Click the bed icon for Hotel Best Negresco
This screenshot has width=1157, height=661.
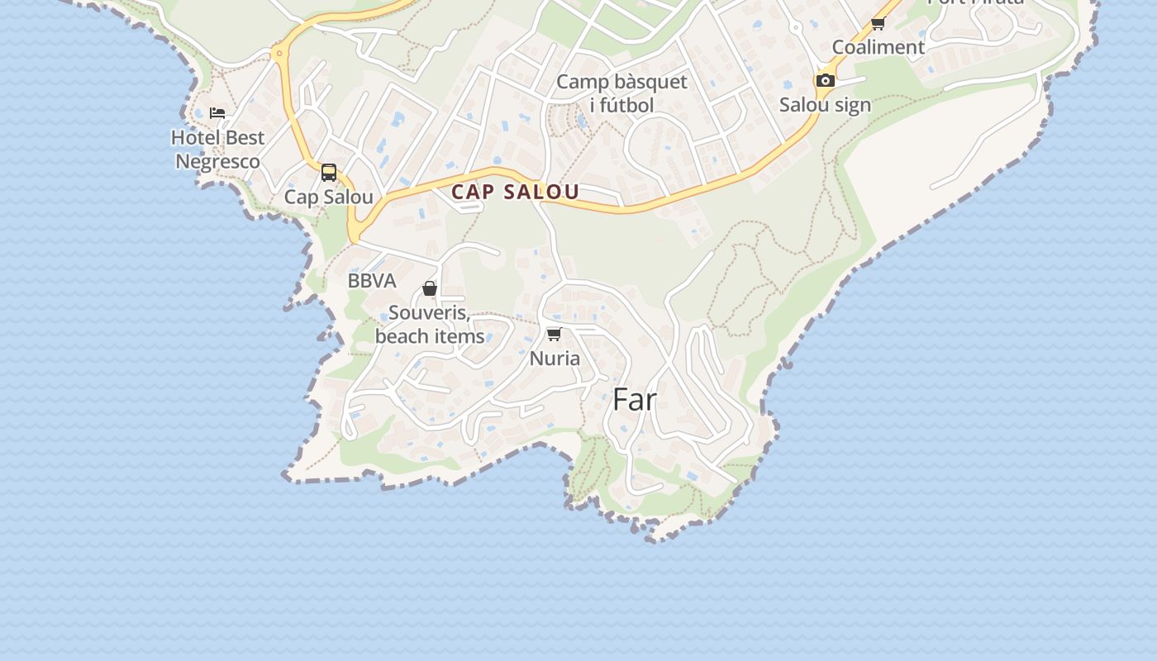click(x=217, y=113)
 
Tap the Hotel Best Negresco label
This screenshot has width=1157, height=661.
click(x=218, y=150)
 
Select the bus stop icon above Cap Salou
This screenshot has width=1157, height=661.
click(x=329, y=173)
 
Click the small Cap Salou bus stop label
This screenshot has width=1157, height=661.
click(x=329, y=197)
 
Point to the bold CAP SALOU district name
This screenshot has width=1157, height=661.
click(x=515, y=193)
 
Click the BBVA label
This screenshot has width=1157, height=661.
click(x=372, y=281)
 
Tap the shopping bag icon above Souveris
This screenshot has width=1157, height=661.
click(x=430, y=288)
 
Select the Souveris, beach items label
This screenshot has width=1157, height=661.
click(x=430, y=325)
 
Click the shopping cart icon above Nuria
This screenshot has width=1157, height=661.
click(x=555, y=334)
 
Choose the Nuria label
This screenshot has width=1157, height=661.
click(x=555, y=359)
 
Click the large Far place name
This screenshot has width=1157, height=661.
click(x=635, y=400)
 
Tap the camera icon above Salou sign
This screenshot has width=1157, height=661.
click(x=825, y=80)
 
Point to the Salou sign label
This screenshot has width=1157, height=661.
click(x=825, y=105)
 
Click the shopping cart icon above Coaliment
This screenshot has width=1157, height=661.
click(x=878, y=23)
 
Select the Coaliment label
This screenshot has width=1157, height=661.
click(x=878, y=47)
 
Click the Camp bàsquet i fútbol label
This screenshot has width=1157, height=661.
click(x=621, y=93)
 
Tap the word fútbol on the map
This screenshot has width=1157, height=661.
click(x=621, y=105)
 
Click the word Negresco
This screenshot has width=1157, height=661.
click(x=218, y=161)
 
